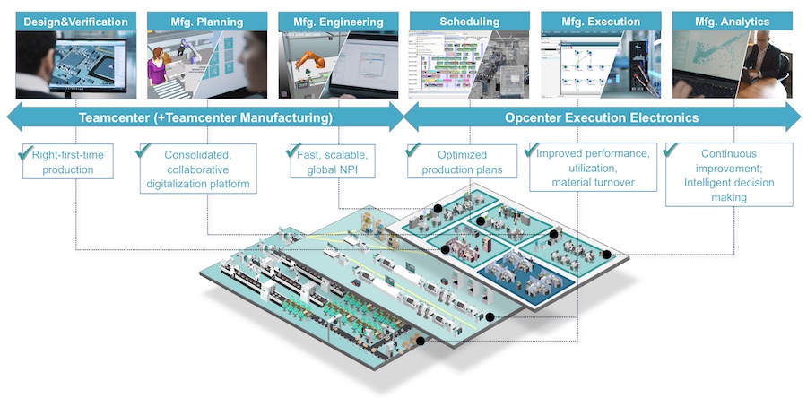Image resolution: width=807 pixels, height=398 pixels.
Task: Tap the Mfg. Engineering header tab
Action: click(x=336, y=21)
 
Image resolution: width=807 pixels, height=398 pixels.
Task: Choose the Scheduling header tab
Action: click(x=469, y=21)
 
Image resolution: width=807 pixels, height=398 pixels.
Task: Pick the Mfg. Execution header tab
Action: click(x=601, y=21)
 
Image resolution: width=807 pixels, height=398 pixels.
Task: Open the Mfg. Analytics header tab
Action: click(x=732, y=21)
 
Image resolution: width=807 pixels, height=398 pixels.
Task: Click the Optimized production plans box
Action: click(x=463, y=162)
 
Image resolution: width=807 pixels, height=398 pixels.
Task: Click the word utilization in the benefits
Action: click(x=591, y=169)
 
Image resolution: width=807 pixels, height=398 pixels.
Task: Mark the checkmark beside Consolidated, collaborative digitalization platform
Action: click(x=143, y=150)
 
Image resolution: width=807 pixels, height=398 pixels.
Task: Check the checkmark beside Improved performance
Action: click(x=532, y=150)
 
